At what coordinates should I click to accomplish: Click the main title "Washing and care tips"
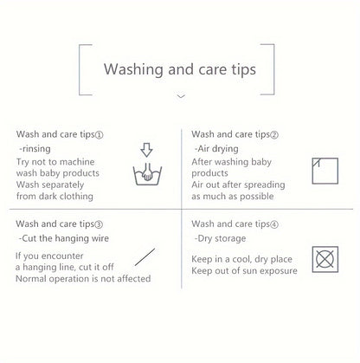(180, 70)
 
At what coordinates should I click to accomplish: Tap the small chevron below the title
(181, 96)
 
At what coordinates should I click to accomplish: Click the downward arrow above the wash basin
(146, 150)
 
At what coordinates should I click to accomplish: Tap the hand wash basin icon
(147, 174)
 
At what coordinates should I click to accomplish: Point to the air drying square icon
(325, 171)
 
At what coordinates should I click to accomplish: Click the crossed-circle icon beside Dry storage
(325, 259)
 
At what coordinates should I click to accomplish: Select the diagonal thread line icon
(145, 257)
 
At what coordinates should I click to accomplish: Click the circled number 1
(99, 135)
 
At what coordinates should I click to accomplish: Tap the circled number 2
(274, 135)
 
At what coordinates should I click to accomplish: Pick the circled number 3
(99, 224)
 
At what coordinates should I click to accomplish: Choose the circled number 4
(274, 224)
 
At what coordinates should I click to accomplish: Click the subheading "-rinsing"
(35, 149)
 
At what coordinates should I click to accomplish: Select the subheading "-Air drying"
(216, 149)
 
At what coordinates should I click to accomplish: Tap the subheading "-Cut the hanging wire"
(64, 238)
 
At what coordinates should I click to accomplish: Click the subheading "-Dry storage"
(220, 238)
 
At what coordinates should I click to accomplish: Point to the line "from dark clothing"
(55, 197)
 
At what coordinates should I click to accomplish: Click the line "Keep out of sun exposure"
(244, 271)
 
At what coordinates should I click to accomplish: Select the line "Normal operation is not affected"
(83, 279)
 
